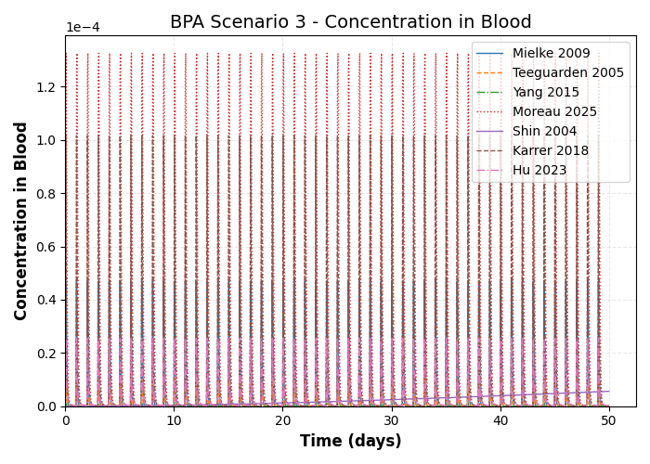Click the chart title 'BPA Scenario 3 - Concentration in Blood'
(x=350, y=22)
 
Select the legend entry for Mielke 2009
(x=551, y=54)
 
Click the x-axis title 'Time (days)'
(x=350, y=442)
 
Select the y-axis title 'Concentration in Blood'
(x=21, y=221)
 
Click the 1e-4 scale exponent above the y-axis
(x=83, y=28)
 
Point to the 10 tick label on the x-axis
(x=174, y=420)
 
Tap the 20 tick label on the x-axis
(x=282, y=420)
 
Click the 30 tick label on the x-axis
(x=391, y=420)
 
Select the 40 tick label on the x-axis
(x=500, y=420)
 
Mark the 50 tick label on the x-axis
(x=608, y=420)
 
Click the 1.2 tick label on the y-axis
(x=46, y=87)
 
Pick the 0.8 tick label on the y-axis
(x=46, y=194)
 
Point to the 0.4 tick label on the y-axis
(x=46, y=300)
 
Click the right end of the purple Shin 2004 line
(x=608, y=391)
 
